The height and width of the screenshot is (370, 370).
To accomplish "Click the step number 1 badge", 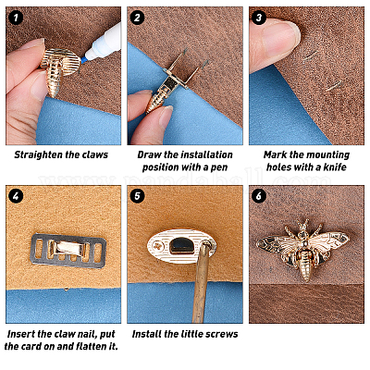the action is pyautogui.click(x=16, y=18).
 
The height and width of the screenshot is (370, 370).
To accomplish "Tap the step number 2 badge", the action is pyautogui.click(x=137, y=18).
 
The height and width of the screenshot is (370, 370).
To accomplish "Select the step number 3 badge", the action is pyautogui.click(x=259, y=18).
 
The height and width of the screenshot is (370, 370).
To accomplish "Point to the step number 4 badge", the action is pyautogui.click(x=16, y=196).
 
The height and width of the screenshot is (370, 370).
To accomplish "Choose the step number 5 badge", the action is pyautogui.click(x=137, y=196).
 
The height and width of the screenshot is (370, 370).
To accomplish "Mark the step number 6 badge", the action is pyautogui.click(x=259, y=196).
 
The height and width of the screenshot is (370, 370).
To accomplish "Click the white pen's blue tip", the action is pyautogui.click(x=84, y=59).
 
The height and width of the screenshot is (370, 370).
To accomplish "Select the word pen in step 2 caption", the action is pyautogui.click(x=219, y=167).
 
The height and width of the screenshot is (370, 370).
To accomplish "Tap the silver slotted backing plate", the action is pyautogui.click(x=68, y=251).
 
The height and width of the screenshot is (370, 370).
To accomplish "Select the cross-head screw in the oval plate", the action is pyautogui.click(x=159, y=246).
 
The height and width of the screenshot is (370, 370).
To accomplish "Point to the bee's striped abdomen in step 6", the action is pyautogui.click(x=304, y=265).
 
